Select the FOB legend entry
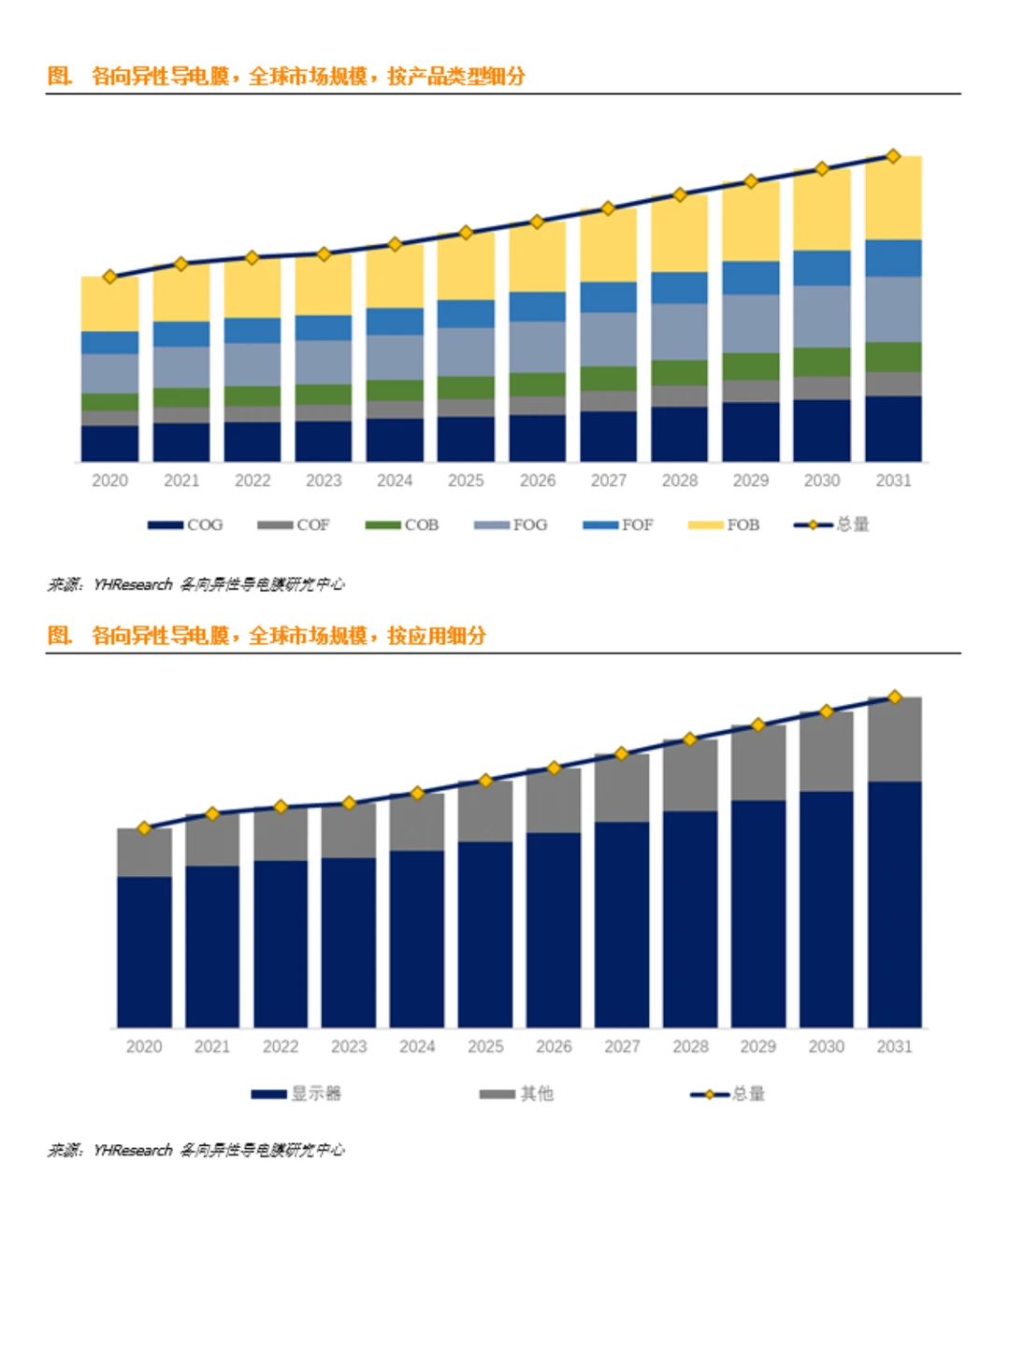tap(724, 524)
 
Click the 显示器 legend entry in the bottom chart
tap(296, 1093)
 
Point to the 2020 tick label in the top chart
tap(109, 481)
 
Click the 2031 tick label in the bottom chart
tap(894, 1046)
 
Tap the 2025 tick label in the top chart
tap(466, 481)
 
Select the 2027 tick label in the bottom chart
tap(622, 1046)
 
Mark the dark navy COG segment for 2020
tap(109, 443)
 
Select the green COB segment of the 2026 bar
tap(537, 383)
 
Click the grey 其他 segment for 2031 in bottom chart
tap(894, 739)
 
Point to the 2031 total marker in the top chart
tap(893, 156)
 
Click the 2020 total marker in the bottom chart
tap(144, 827)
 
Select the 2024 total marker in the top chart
tap(395, 244)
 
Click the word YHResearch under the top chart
tap(133, 584)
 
